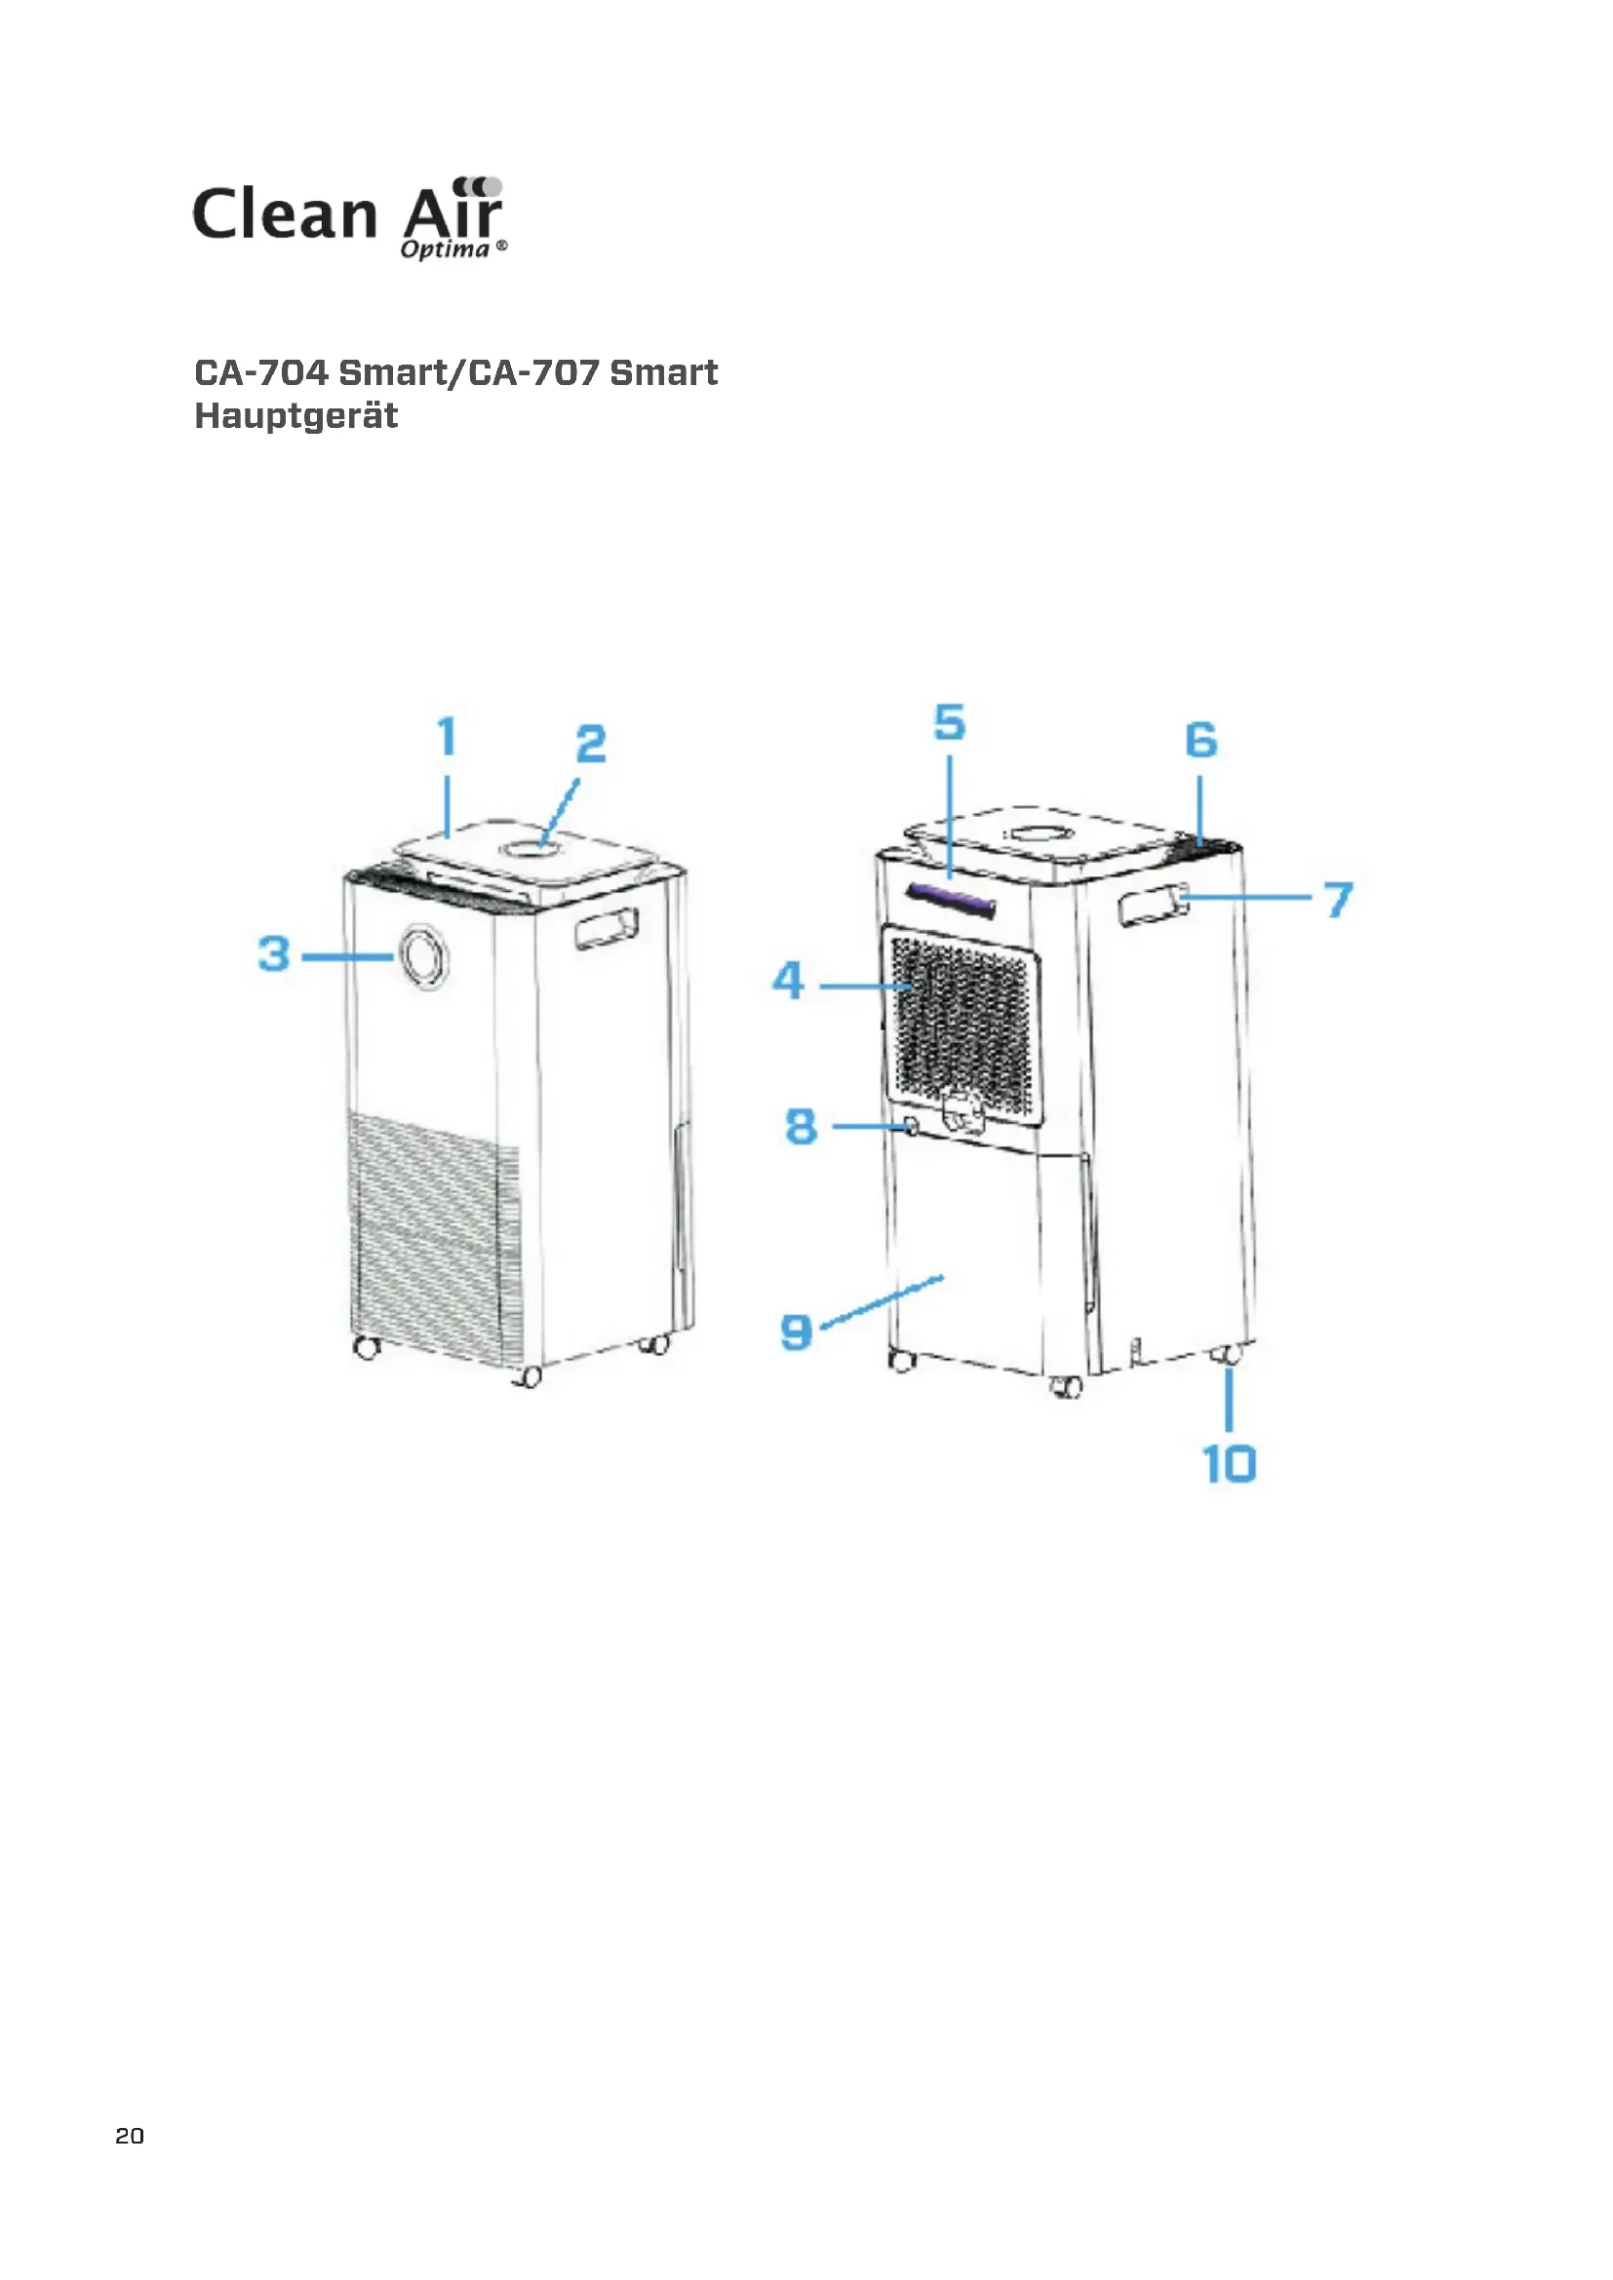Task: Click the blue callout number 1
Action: tap(447, 737)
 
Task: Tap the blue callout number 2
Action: tap(591, 744)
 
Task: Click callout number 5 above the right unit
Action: tap(950, 722)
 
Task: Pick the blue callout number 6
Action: tap(1200, 740)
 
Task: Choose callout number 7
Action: tap(1339, 900)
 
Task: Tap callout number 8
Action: tap(801, 1126)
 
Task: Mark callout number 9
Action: tap(796, 1332)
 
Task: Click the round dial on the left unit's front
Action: tap(424, 955)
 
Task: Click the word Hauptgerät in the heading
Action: tap(296, 415)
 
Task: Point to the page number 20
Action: tap(129, 2136)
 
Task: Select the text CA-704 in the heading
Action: tap(261, 372)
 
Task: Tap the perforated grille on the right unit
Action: tap(962, 1023)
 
